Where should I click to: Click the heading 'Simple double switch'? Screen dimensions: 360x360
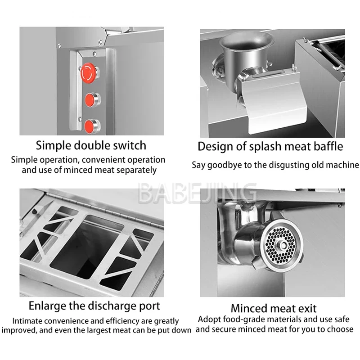point(91,145)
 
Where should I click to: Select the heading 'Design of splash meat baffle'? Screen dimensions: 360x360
point(270,146)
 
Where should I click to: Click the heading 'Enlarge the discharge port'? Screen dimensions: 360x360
point(94,306)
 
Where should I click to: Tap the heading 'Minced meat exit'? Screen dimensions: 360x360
point(273,308)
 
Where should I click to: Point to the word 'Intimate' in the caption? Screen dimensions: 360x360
point(27,321)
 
